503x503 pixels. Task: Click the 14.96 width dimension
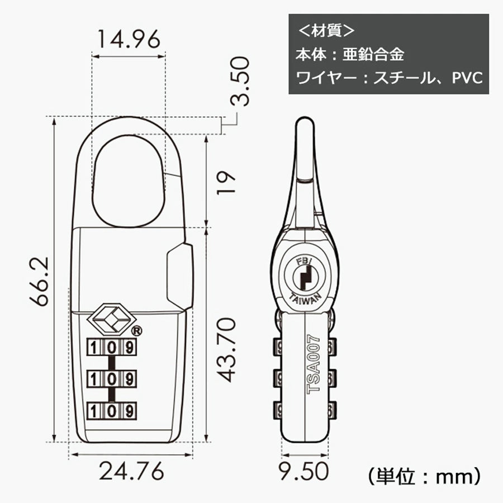coord(129,40)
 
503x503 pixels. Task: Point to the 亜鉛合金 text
coord(380,54)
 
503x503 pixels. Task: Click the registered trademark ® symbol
coord(137,330)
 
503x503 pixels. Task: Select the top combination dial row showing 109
coord(112,347)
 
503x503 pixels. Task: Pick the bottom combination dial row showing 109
coord(112,411)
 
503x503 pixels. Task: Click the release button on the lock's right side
coord(179,276)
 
